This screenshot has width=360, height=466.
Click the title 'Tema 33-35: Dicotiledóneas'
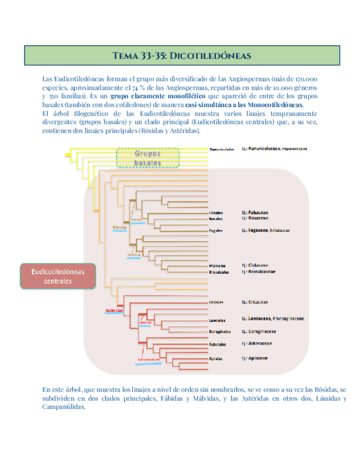[x=181, y=56]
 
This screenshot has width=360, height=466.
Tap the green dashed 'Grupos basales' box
[x=148, y=158]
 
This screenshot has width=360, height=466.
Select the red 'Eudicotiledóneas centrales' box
[x=57, y=276]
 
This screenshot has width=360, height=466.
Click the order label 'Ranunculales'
[x=222, y=149]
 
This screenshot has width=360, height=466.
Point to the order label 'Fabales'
[x=216, y=212]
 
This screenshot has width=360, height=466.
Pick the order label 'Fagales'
[x=216, y=231]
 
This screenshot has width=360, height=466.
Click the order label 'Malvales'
[x=218, y=265]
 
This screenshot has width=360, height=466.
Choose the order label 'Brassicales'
[x=219, y=272]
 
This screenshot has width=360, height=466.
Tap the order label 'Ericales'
[x=216, y=302]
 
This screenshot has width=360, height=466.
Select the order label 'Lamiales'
[x=217, y=320]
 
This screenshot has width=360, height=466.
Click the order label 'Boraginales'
[x=220, y=332]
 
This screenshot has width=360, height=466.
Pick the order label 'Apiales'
[x=216, y=359]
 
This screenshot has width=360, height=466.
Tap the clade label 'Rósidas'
[x=120, y=226]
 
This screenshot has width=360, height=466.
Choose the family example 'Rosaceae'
[x=258, y=218]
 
